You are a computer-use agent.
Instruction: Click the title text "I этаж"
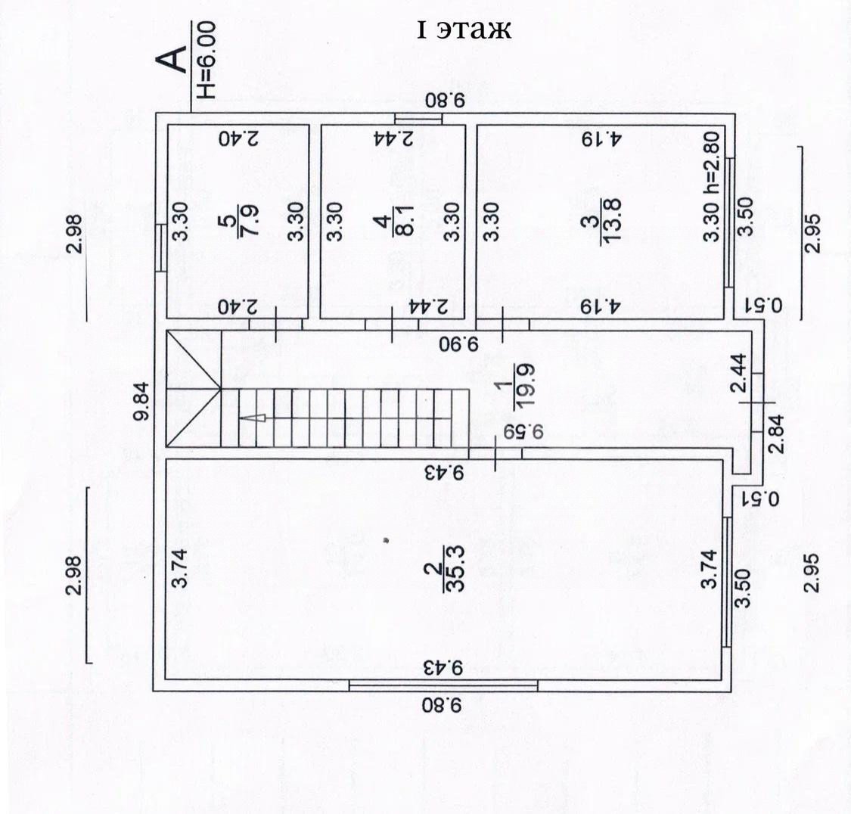pyautogui.click(x=464, y=30)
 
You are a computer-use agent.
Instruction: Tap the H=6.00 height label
pyautogui.click(x=207, y=61)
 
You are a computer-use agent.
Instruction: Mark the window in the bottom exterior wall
pyautogui.click(x=443, y=687)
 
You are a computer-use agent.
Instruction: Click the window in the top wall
pyautogui.click(x=418, y=119)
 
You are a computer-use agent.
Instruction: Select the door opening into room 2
pyautogui.click(x=495, y=453)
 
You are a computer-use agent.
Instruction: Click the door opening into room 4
pyautogui.click(x=392, y=324)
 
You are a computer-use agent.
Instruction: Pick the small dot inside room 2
pyautogui.click(x=385, y=540)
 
